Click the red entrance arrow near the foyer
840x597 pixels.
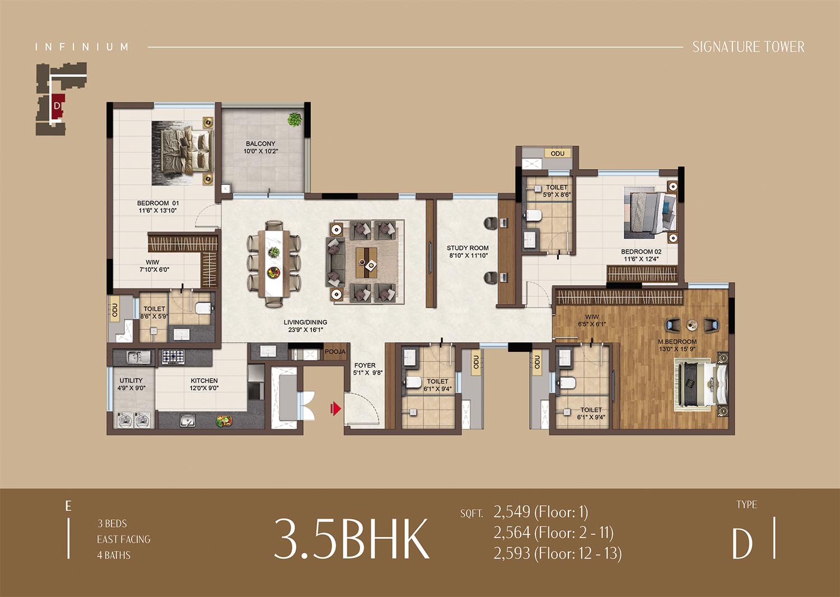pos(335,408)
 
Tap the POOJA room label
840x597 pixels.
pos(335,352)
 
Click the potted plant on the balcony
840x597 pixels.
pos(295,120)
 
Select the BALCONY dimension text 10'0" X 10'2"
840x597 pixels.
pos(260,151)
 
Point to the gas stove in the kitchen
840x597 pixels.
pos(173,356)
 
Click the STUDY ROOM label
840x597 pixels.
pos(468,248)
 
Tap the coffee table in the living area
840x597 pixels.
pos(366,262)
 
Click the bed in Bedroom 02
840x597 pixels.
pos(651,215)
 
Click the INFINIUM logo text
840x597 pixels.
pos(82,47)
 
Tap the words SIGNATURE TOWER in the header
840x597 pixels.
pos(748,47)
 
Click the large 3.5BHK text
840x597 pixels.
pos(351,539)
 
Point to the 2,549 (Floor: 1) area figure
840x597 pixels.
pos(541,512)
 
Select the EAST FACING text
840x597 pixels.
pos(124,539)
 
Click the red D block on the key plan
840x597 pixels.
pos(57,106)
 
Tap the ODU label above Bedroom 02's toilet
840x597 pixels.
pos(558,153)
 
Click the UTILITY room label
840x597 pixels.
pos(131,380)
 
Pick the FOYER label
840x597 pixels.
pos(365,365)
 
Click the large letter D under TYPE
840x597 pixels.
pos(743,544)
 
